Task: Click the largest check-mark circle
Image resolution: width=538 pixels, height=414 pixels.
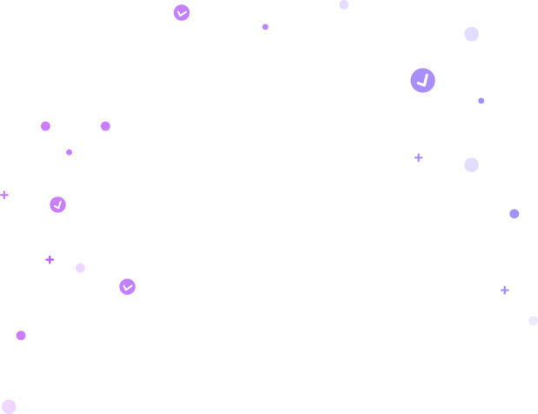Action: (x=422, y=81)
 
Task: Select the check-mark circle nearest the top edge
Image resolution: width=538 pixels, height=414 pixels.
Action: (x=182, y=13)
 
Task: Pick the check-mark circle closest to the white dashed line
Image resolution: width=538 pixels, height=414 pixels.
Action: (x=58, y=204)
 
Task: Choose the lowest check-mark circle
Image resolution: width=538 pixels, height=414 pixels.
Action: (x=127, y=287)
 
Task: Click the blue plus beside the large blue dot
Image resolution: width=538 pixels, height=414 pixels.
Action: (x=418, y=157)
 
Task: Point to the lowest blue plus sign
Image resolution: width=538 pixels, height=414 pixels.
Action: (x=504, y=290)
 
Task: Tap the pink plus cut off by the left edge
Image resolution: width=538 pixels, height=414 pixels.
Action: (x=3, y=196)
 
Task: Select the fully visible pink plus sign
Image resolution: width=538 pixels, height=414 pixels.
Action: (x=50, y=259)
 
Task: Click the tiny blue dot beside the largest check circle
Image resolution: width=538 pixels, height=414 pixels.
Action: (x=481, y=101)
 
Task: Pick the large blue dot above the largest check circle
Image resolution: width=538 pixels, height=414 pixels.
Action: (x=471, y=35)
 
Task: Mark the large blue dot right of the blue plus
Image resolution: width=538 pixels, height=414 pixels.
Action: (x=471, y=165)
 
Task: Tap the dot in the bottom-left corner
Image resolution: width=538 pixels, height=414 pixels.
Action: (x=9, y=406)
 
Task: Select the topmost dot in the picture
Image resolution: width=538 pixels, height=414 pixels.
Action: (x=344, y=4)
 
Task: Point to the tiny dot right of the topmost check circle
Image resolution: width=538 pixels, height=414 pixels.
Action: (x=265, y=27)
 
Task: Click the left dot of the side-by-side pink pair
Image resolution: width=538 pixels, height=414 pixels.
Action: (x=45, y=126)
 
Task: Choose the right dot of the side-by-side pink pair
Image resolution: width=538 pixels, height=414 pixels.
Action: (x=105, y=126)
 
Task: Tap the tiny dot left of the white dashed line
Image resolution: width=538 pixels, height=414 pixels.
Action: (x=69, y=152)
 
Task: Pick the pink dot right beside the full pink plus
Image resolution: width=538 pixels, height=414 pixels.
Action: (x=80, y=268)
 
